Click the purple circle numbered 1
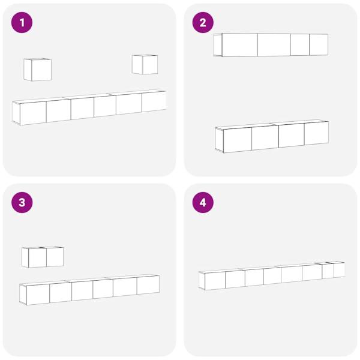(x=22, y=23)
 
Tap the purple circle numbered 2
(x=203, y=23)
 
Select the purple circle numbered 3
(x=22, y=203)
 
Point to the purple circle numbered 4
(x=203, y=203)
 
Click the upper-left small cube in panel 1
(x=37, y=70)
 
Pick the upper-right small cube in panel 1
(x=145, y=65)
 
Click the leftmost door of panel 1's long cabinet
(x=33, y=113)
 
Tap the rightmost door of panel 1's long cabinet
(x=154, y=101)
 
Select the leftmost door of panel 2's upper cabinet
(x=239, y=45)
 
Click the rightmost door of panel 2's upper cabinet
(x=319, y=44)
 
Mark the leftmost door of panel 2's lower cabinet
(x=238, y=140)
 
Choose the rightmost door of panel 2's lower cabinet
(x=316, y=133)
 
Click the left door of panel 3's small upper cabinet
(x=37, y=257)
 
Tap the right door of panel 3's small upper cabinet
(x=55, y=257)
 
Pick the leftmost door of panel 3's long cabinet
(x=38, y=295)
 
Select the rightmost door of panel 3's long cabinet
(x=148, y=284)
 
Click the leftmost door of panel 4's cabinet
(x=215, y=281)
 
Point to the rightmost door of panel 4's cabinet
(x=339, y=270)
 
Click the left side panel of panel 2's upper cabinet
(x=218, y=45)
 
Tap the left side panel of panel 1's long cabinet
(x=16, y=113)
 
